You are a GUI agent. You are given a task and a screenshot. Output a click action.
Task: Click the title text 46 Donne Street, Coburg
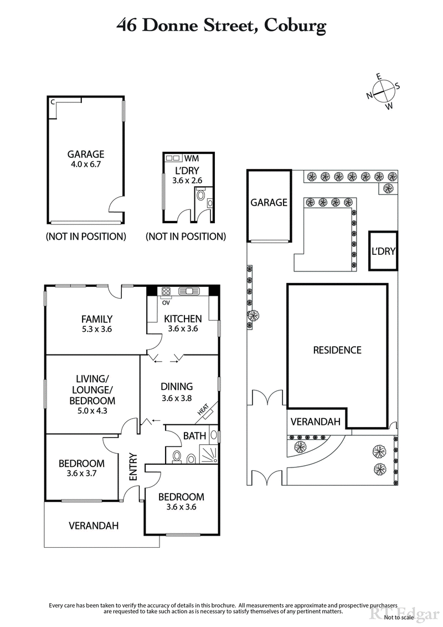pyautogui.click(x=221, y=25)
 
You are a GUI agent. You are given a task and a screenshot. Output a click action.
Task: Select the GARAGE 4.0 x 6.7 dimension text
pyautogui.click(x=86, y=165)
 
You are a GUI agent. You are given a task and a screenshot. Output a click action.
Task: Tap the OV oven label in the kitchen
pyautogui.click(x=165, y=303)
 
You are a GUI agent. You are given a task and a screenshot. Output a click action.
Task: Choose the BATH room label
pyautogui.click(x=194, y=436)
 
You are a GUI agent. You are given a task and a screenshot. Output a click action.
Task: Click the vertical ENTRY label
pyautogui.click(x=133, y=469)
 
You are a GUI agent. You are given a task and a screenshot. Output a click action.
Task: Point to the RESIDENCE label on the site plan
pyautogui.click(x=337, y=350)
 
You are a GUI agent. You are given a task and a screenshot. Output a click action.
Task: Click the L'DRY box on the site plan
pyautogui.click(x=383, y=251)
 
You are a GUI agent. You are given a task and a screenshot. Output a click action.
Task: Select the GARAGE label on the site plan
pyautogui.click(x=269, y=202)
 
